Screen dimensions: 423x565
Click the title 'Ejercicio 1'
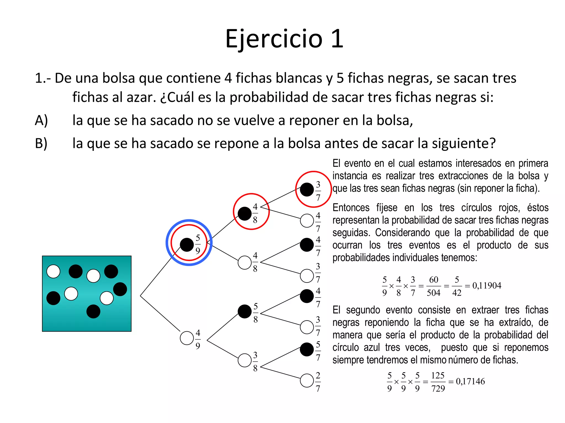(284, 39)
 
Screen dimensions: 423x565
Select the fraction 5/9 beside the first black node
(198, 244)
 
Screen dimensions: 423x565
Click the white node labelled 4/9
(187, 338)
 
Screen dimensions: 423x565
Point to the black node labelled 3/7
(307, 189)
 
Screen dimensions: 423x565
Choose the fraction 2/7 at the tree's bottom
(318, 382)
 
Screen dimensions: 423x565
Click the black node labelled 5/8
(245, 311)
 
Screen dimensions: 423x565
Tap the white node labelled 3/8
(245, 360)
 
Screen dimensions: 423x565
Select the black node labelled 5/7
(307, 349)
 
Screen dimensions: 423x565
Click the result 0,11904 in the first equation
(487, 286)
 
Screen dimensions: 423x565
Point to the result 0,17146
(470, 381)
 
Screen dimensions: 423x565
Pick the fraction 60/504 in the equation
(433, 286)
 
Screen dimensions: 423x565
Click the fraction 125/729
(438, 382)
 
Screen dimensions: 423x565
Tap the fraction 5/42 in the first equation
(457, 286)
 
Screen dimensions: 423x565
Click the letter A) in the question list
(41, 120)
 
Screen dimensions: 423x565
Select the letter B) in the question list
(41, 143)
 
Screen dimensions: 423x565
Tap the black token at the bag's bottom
(93, 311)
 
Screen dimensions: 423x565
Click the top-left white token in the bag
(54, 272)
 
